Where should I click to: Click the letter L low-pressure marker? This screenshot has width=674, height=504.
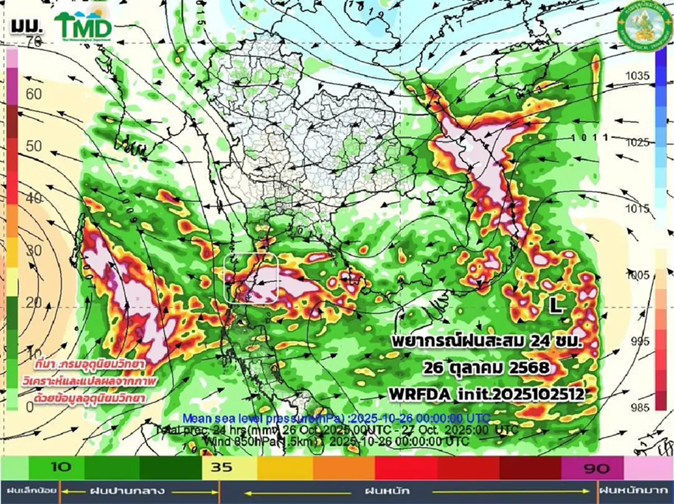(555, 305)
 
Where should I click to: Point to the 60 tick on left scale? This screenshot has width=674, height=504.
(34, 94)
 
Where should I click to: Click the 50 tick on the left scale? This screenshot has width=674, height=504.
(34, 146)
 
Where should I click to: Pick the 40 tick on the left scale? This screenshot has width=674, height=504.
(34, 198)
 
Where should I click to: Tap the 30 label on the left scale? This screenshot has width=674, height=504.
(34, 250)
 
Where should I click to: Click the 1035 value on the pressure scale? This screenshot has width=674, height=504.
(638, 76)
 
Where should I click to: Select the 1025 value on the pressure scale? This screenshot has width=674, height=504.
(638, 142)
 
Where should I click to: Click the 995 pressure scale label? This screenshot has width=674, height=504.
(638, 341)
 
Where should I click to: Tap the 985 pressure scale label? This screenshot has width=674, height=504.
(638, 407)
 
